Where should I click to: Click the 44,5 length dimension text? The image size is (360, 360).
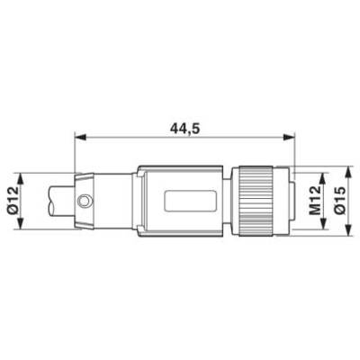pos(184,129)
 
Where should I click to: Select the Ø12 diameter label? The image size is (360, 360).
pos(13,201)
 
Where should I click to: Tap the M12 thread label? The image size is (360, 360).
pos(314,201)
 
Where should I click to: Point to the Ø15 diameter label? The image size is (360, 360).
pos(340,201)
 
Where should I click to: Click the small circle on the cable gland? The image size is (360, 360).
pos(84,201)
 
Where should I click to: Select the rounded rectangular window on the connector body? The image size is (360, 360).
pos(191,201)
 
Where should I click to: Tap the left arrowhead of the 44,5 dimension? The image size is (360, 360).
pos(80,138)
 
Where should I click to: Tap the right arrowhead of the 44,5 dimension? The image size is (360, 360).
pos(290,138)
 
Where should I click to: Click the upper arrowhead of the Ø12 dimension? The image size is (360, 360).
pos(20,179)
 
